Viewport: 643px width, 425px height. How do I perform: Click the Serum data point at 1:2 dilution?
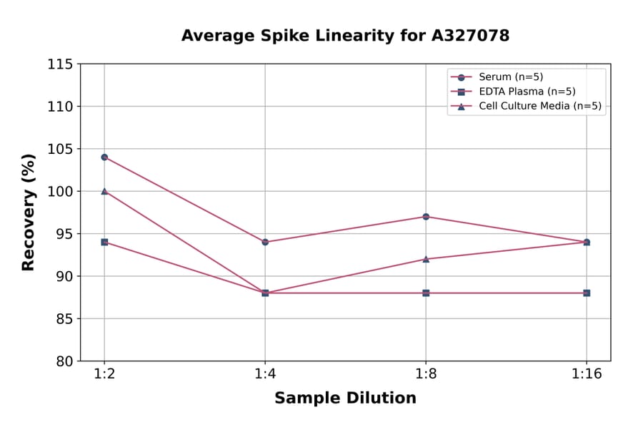pyautogui.click(x=104, y=157)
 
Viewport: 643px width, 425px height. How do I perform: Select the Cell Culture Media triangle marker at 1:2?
pyautogui.click(x=104, y=191)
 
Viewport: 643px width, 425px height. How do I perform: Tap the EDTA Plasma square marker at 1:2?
pyautogui.click(x=104, y=242)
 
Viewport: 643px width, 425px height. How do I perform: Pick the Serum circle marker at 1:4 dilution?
pyautogui.click(x=265, y=242)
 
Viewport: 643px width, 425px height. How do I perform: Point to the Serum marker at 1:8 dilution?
pyautogui.click(x=426, y=216)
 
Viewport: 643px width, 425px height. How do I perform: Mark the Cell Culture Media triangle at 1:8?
pyautogui.click(x=426, y=259)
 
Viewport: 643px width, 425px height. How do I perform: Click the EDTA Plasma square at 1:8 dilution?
pyautogui.click(x=426, y=293)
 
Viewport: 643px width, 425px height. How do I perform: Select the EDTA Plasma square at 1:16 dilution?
pyautogui.click(x=587, y=293)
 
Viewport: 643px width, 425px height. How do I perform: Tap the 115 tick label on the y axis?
pyautogui.click(x=60, y=64)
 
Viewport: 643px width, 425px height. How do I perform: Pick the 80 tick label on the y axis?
pyautogui.click(x=64, y=361)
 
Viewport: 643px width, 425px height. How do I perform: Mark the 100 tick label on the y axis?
pyautogui.click(x=60, y=191)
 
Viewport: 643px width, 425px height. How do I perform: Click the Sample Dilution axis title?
pyautogui.click(x=345, y=399)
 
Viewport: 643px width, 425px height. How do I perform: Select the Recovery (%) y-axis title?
pyautogui.click(x=29, y=212)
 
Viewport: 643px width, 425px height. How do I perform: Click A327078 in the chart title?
pyautogui.click(x=465, y=36)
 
